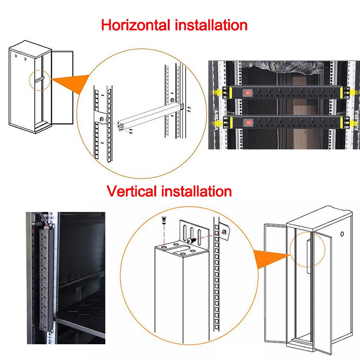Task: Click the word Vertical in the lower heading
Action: [x=131, y=191]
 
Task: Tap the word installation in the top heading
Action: [x=211, y=25]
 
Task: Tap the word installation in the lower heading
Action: [x=197, y=191]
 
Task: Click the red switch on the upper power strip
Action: [x=247, y=93]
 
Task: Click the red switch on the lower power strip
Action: [x=248, y=122]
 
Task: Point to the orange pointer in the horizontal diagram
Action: [x=71, y=84]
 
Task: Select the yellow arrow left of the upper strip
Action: [x=216, y=93]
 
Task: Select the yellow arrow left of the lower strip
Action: [x=216, y=123]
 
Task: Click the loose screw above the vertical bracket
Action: [x=164, y=220]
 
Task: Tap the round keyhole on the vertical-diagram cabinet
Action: [x=342, y=234]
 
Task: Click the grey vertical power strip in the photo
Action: [x=46, y=278]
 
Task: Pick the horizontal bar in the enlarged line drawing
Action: [x=150, y=117]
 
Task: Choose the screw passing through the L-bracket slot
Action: [x=191, y=241]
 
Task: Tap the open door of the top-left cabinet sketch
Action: [x=63, y=87]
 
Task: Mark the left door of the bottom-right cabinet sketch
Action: [x=275, y=283]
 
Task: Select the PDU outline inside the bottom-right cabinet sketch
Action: [x=309, y=256]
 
